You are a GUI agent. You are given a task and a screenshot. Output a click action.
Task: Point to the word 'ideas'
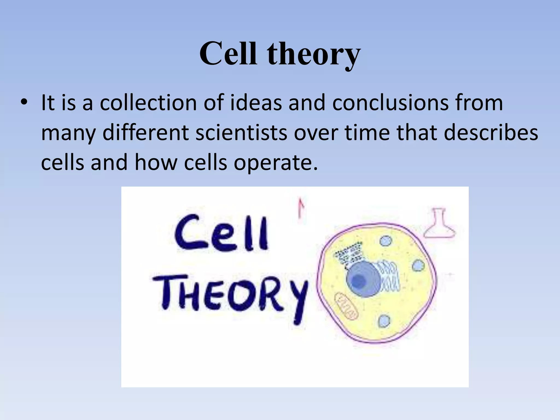[256, 103]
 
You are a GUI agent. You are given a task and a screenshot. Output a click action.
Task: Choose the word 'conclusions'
[390, 103]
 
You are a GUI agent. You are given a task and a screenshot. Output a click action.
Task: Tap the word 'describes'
[491, 133]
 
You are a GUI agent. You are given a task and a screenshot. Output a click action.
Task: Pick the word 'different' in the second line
[146, 133]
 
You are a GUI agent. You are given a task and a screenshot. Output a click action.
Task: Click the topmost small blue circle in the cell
[386, 241]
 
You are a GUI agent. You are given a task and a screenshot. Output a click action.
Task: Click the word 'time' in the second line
[367, 133]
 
